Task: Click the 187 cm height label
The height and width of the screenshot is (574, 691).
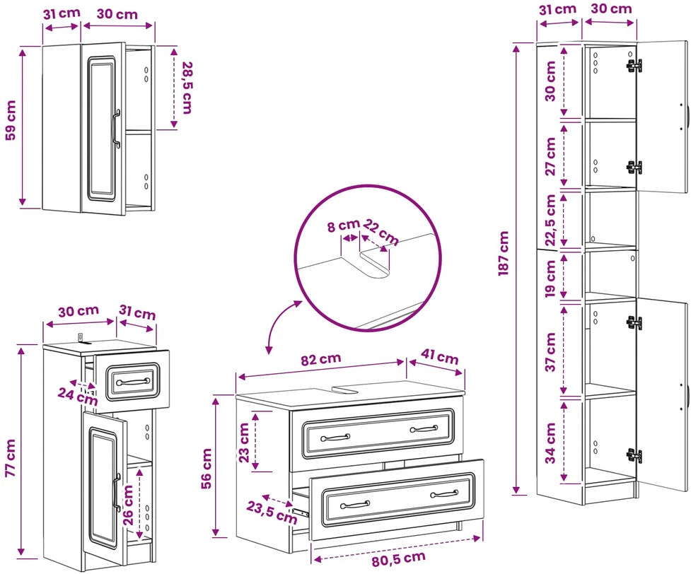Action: [504, 254]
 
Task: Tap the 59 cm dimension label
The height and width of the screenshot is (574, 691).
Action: [11, 120]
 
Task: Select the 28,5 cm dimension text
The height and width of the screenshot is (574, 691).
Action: [187, 88]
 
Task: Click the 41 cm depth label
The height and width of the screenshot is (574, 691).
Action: [439, 356]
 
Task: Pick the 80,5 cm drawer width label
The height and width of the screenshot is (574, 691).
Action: [398, 559]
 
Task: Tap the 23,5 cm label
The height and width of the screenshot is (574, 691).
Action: [272, 512]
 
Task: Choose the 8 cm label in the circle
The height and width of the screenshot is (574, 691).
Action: [343, 226]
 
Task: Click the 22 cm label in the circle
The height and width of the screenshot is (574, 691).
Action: [381, 232]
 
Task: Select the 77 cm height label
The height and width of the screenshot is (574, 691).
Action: [11, 457]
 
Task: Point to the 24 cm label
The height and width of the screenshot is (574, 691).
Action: [78, 396]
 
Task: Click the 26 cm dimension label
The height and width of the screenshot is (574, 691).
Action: [128, 505]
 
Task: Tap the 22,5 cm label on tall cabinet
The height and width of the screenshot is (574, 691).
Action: [550, 221]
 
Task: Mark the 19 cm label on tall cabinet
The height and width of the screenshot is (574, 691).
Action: [550, 279]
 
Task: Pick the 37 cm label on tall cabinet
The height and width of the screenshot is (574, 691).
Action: [550, 352]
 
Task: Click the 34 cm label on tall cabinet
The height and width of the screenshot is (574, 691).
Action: [550, 443]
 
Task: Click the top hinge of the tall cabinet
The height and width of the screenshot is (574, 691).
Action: [634, 65]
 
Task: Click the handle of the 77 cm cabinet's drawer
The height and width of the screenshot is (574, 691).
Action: [133, 381]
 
